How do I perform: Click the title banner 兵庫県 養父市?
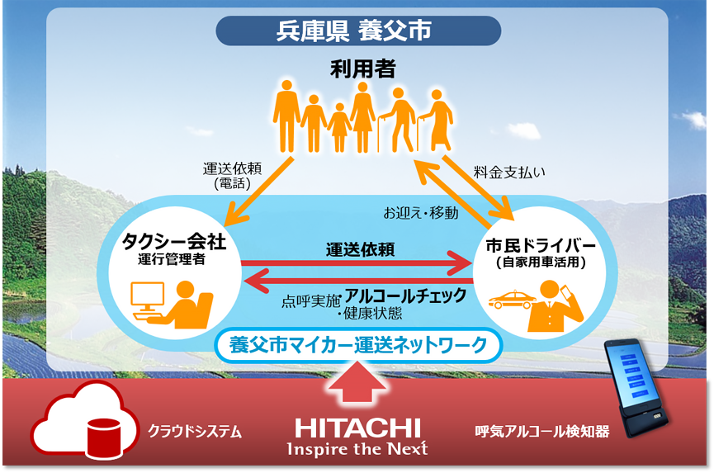tap(358, 31)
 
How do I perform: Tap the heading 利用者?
tap(363, 69)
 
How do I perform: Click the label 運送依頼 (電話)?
tap(232, 176)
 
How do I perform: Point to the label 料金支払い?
tap(509, 172)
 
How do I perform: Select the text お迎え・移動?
tap(420, 213)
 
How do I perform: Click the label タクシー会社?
tap(173, 242)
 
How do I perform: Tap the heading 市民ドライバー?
tap(541, 246)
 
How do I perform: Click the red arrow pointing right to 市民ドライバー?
tap(356, 263)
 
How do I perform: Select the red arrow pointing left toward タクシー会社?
tap(358, 281)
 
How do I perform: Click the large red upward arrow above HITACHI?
tap(357, 382)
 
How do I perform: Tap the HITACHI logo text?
tap(357, 428)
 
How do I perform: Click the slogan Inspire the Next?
tap(357, 449)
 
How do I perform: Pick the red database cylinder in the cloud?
tap(104, 438)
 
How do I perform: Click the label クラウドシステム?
tap(195, 431)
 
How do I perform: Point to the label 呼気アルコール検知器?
tap(541, 431)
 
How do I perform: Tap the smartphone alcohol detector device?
tap(636, 388)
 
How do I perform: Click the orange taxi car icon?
tap(513, 300)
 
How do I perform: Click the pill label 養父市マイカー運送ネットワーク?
tap(358, 345)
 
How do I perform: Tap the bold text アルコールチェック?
tap(406, 296)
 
